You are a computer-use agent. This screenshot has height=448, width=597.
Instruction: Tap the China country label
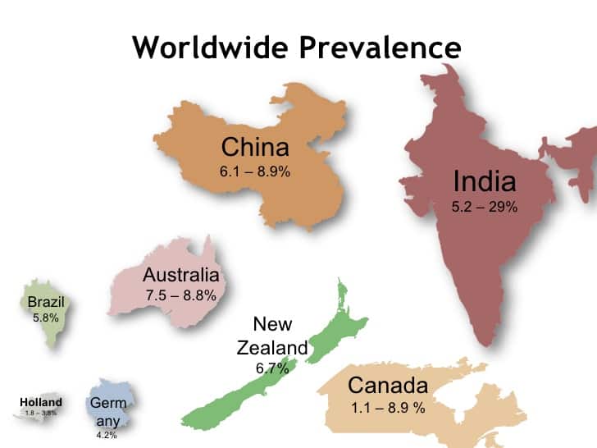click(255, 148)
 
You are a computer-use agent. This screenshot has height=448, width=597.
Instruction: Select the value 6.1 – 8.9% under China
click(255, 172)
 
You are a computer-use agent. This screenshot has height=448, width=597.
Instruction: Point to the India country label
click(485, 181)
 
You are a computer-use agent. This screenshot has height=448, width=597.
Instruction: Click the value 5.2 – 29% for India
click(485, 207)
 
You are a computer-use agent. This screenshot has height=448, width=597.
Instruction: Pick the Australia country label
click(180, 275)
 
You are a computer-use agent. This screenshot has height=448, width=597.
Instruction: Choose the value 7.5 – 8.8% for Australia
click(180, 295)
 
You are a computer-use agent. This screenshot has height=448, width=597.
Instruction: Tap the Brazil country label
click(46, 301)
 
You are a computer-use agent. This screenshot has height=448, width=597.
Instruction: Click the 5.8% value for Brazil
click(46, 316)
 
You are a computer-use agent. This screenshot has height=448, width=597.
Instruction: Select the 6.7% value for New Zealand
click(272, 368)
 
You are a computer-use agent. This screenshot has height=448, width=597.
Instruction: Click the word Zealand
click(272, 348)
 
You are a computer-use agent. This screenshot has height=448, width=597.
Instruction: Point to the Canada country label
click(388, 385)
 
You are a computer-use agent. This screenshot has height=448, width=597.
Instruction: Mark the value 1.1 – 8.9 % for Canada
click(388, 408)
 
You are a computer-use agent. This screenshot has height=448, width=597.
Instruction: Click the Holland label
click(41, 403)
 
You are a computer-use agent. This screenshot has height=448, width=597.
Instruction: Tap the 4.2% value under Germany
click(107, 435)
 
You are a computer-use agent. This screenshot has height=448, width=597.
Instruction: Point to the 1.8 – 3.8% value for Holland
click(41, 413)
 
